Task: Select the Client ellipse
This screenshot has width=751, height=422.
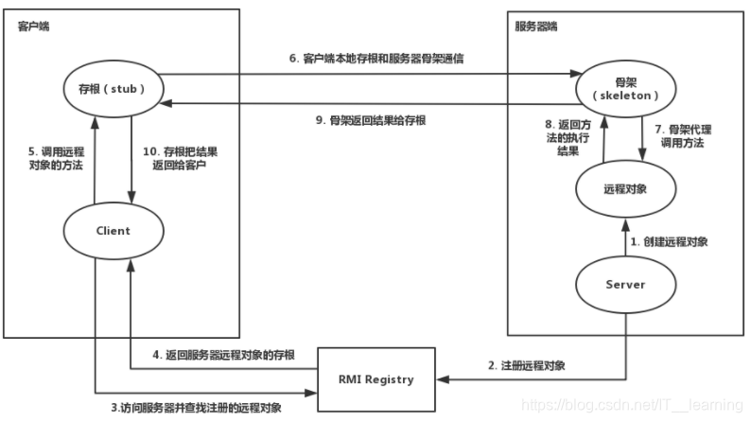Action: click(x=113, y=230)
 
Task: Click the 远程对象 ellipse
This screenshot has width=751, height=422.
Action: click(x=623, y=188)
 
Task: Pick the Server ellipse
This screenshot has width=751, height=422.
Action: click(x=623, y=285)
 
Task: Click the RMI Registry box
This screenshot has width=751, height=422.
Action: click(x=376, y=379)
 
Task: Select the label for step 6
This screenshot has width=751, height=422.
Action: click(x=389, y=58)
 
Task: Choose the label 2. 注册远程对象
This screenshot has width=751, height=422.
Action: click(x=526, y=365)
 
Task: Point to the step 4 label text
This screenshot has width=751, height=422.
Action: click(x=224, y=356)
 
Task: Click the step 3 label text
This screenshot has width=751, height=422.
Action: click(x=188, y=407)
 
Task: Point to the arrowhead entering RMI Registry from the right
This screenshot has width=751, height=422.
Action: click(x=444, y=379)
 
